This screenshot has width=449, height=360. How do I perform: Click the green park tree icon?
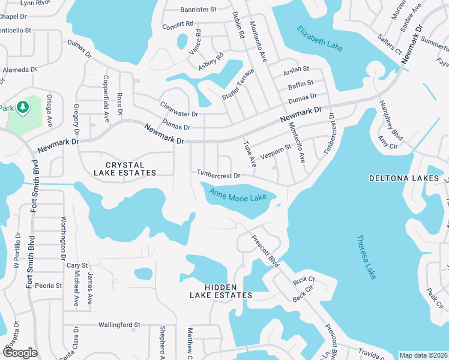point(23,107)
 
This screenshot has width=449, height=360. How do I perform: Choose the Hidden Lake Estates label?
point(220,292)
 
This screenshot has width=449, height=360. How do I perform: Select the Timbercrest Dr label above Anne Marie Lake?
point(218,175)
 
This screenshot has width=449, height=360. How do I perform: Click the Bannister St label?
point(197,10)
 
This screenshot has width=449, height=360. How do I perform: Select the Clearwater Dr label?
point(179,109)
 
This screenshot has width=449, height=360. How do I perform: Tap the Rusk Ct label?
point(304,280)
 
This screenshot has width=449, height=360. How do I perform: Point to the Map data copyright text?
point(423,355)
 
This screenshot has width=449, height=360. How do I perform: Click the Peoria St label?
point(48,286)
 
